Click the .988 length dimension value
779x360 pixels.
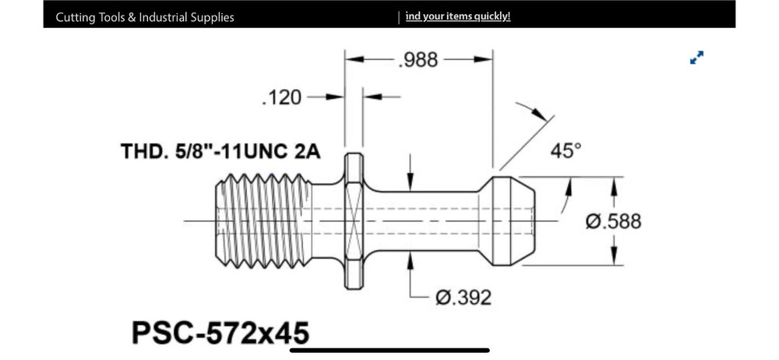[418, 60]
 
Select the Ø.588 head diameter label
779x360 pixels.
[614, 221]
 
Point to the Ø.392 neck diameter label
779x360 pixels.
[463, 298]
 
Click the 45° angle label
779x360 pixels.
[566, 150]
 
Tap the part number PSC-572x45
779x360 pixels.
[220, 333]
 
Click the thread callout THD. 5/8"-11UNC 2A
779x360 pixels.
[220, 151]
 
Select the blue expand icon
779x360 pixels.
[696, 58]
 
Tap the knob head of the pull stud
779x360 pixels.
[510, 221]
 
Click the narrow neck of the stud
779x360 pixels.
[425, 221]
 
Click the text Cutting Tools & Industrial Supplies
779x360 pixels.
[145, 17]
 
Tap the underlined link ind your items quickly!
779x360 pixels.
[458, 16]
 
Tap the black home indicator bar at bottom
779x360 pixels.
[389, 350]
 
